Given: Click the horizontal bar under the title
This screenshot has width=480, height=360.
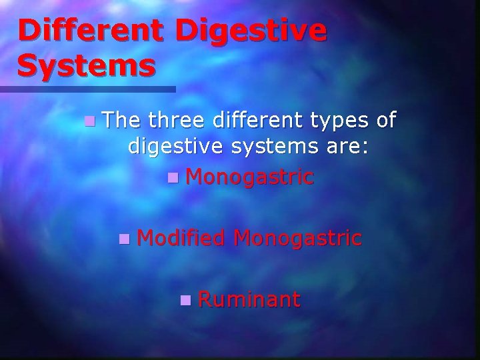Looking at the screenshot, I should pyautogui.click(x=87, y=89).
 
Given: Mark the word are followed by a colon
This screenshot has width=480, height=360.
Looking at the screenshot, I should pyautogui.click(x=347, y=146).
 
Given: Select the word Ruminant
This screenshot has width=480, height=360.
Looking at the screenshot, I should pyautogui.click(x=249, y=299).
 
